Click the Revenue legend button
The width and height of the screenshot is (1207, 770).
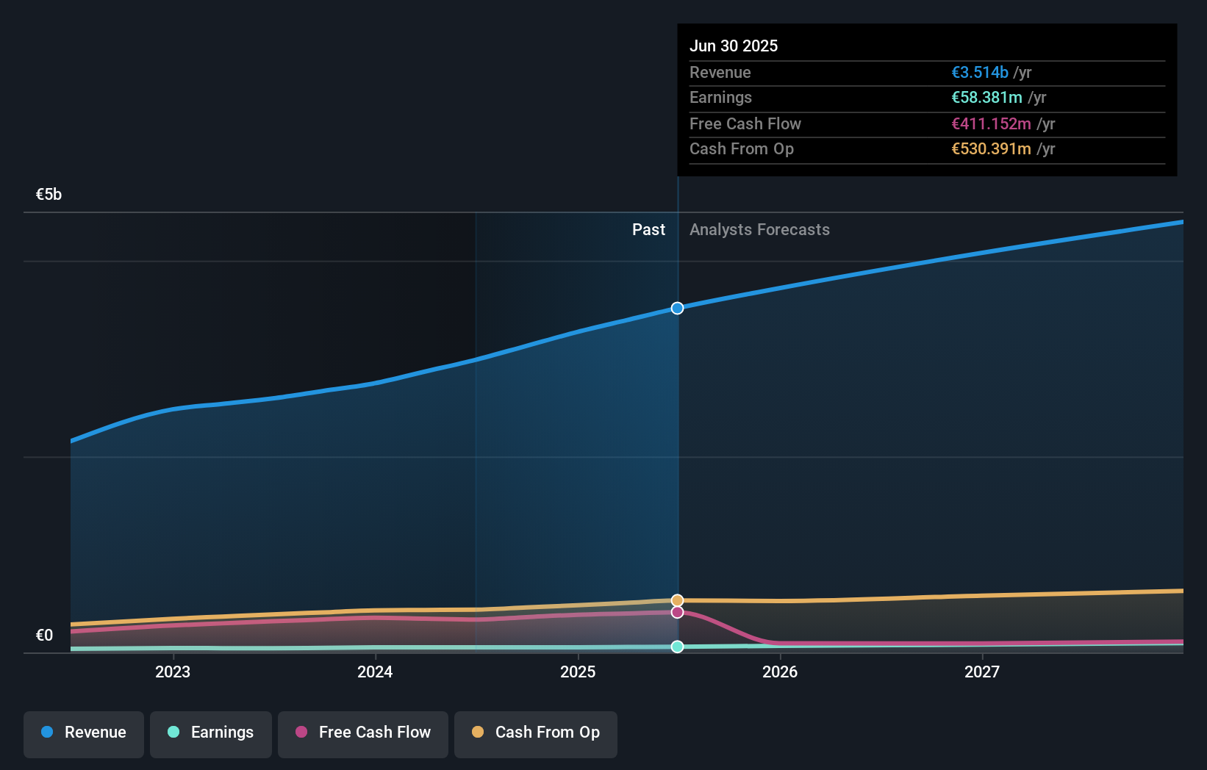point(84,733)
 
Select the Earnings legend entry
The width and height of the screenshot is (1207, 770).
point(211,733)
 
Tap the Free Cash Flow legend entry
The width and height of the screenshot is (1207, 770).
point(363,733)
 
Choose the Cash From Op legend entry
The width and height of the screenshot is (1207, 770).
point(536,733)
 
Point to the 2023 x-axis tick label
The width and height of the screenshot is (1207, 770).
point(173,672)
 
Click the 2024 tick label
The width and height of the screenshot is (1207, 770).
point(375,672)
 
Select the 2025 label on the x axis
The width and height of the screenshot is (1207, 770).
point(578,672)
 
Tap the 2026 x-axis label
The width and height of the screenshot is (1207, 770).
point(780,672)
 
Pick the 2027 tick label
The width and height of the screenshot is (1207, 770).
point(982,672)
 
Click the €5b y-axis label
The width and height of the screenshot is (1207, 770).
point(49,195)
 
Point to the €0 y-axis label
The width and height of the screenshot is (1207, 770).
point(44,636)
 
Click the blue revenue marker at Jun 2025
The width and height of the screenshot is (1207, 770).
point(678,308)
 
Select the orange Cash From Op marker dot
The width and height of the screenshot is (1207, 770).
point(678,600)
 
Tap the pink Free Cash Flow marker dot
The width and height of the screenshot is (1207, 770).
point(678,612)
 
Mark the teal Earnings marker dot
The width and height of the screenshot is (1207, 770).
point(678,647)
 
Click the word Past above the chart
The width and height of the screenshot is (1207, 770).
point(648,230)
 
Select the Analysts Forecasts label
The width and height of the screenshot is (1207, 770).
point(759,230)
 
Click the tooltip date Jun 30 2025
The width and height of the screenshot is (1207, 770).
point(734,46)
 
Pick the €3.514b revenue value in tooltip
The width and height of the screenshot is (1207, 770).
point(980,73)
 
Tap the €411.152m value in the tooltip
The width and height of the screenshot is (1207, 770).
point(991,124)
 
